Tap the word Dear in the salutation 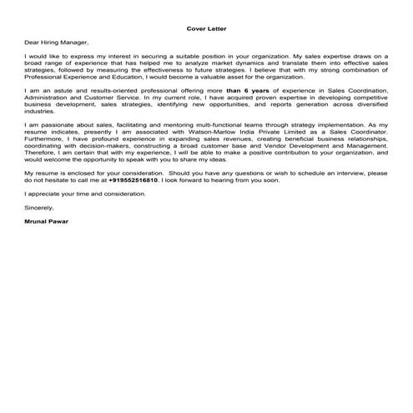pyautogui.click(x=32, y=41)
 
